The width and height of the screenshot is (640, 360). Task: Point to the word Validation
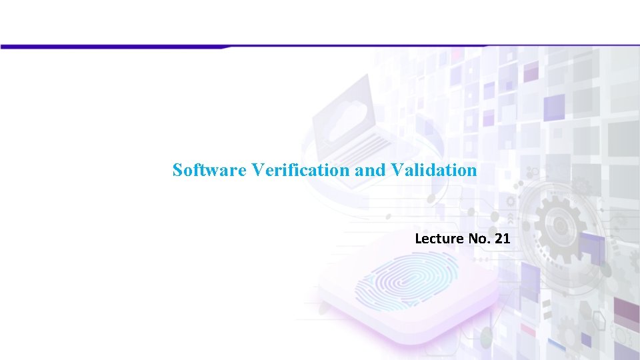click(x=434, y=170)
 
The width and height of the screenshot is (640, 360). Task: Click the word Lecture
click(x=437, y=238)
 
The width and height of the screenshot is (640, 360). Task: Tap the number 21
click(x=502, y=238)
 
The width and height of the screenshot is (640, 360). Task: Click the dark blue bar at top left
click(x=113, y=47)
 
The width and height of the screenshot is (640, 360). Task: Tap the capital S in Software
click(x=177, y=170)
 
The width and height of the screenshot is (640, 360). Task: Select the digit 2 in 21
click(x=498, y=238)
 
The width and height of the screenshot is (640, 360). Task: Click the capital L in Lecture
click(x=418, y=238)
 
